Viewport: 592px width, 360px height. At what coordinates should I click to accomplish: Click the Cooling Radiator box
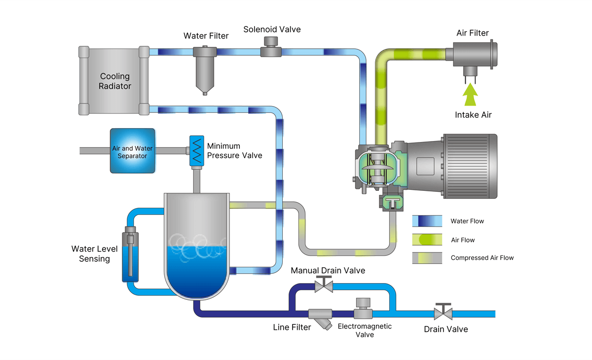pos(114,81)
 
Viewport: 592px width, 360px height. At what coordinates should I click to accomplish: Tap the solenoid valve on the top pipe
pos(270,48)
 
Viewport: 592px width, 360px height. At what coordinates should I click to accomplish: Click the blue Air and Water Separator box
pos(132,151)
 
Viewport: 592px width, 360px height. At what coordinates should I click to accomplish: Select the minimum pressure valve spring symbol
pos(197,151)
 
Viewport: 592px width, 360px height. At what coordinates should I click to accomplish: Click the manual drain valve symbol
pos(324,286)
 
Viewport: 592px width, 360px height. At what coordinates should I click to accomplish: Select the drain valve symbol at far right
pos(443,313)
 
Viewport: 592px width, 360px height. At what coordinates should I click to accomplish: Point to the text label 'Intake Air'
pos(473,115)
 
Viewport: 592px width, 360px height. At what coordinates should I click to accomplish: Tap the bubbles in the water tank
pos(196,245)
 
